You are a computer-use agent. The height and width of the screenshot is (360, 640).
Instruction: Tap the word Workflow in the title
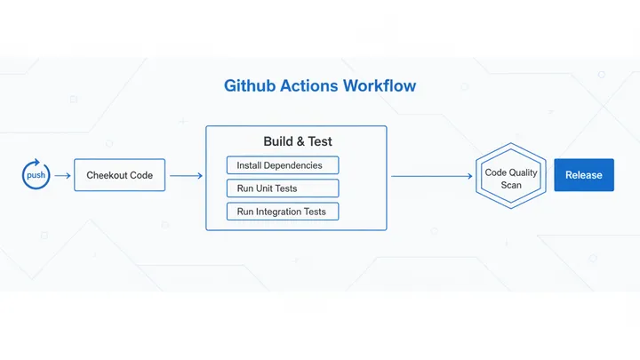[382, 87]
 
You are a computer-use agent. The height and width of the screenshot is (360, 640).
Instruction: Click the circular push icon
[36, 175]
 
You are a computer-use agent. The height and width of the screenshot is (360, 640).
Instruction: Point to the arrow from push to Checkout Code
[62, 175]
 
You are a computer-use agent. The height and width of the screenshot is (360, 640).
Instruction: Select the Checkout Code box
[119, 175]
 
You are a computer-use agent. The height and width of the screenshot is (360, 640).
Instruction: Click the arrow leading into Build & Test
[186, 175]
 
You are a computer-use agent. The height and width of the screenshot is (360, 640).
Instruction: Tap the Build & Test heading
[297, 141]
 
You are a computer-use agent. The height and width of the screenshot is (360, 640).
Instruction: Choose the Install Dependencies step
[283, 165]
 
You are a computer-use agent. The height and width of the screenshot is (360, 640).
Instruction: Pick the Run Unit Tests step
[283, 188]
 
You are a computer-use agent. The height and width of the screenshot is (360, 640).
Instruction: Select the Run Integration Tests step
[283, 212]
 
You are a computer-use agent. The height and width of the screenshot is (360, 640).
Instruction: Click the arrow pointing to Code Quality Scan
[432, 175]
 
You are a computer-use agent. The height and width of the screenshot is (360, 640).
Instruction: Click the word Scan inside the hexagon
[511, 185]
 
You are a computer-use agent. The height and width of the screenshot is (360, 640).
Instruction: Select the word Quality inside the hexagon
[523, 172]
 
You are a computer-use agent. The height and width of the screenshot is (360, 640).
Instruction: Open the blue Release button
[584, 175]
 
